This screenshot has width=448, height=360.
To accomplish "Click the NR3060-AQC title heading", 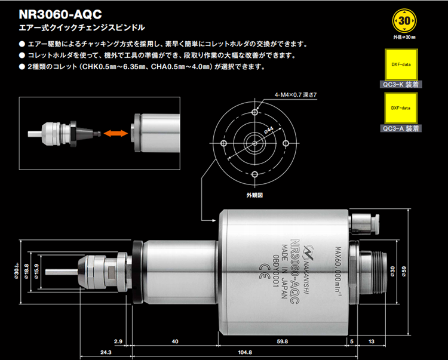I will click(x=59, y=13).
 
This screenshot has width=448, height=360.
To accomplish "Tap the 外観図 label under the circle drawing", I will click(x=254, y=195).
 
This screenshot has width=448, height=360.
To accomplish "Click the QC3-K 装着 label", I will click(x=401, y=85).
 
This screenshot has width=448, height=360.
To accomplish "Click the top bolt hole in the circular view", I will click(x=254, y=112).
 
